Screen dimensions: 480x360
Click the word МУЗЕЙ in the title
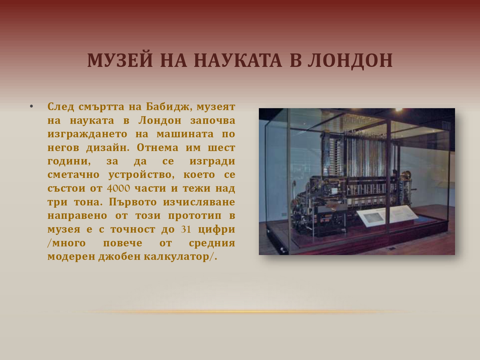click(x=120, y=60)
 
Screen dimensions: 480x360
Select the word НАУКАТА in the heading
click(x=238, y=60)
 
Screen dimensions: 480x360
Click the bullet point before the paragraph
click(x=31, y=107)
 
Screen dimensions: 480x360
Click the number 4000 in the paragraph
click(x=118, y=188)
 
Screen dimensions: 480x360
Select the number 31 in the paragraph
click(x=186, y=229)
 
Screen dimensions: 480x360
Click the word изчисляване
click(x=199, y=202)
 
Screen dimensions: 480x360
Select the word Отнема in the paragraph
click(x=157, y=148)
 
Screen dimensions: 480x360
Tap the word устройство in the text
click(x=141, y=175)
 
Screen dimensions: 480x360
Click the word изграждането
click(x=87, y=134)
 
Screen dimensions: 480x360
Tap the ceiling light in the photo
click(x=399, y=109)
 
